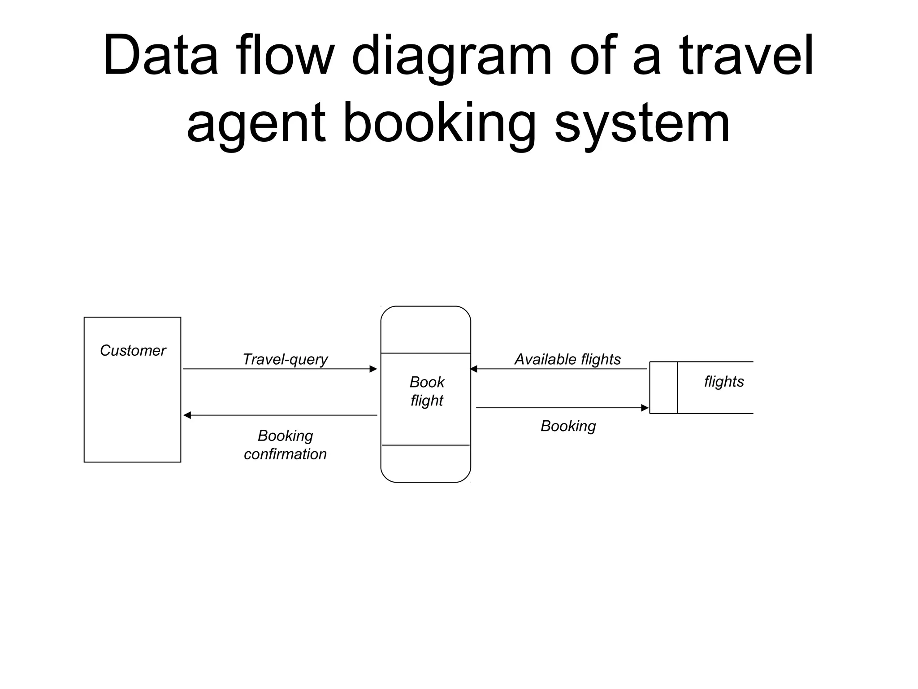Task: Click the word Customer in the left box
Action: click(x=133, y=350)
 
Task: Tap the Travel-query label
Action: click(x=285, y=359)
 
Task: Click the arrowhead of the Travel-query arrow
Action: click(x=373, y=369)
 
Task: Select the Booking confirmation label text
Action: click(x=285, y=445)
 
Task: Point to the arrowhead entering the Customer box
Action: click(x=187, y=415)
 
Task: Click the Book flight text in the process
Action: click(x=426, y=391)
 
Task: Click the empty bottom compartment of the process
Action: click(x=425, y=463)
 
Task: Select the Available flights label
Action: click(x=567, y=359)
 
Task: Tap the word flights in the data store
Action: click(x=723, y=382)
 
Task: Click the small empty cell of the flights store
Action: click(x=663, y=388)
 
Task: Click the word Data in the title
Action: click(x=160, y=56)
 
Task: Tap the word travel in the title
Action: click(x=746, y=56)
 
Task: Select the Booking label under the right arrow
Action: click(x=568, y=426)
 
